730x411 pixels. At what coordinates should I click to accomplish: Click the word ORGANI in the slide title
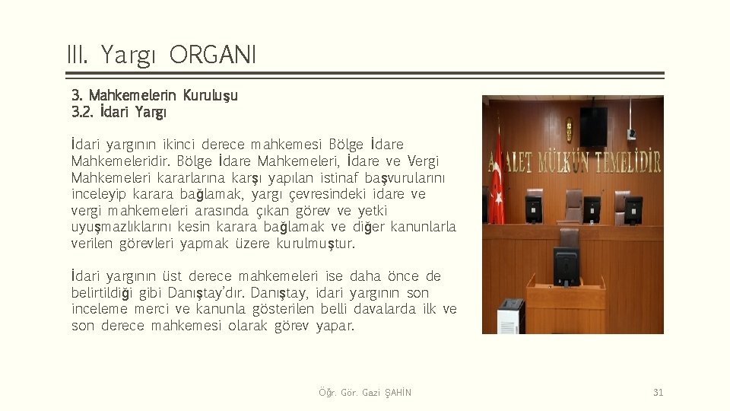214,55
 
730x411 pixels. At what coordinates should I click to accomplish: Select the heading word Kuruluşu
210,96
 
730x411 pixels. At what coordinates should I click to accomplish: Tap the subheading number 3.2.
82,113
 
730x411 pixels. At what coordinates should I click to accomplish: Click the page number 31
658,393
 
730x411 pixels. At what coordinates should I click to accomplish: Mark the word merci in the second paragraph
152,310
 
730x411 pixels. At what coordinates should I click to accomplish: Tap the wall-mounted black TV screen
593,126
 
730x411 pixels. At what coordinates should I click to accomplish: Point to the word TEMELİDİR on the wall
628,161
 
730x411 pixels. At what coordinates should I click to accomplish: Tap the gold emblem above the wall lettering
568,129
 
